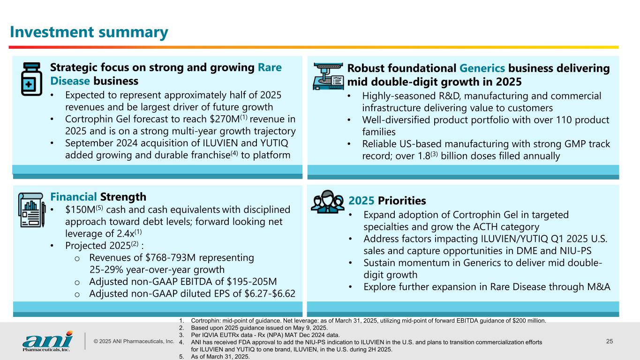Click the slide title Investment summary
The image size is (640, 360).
coord(89,32)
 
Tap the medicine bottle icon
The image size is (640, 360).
coord(31,78)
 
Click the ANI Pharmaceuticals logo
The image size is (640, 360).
coord(47,341)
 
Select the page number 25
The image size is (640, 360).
coord(609,341)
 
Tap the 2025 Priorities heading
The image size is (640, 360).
coord(387,201)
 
